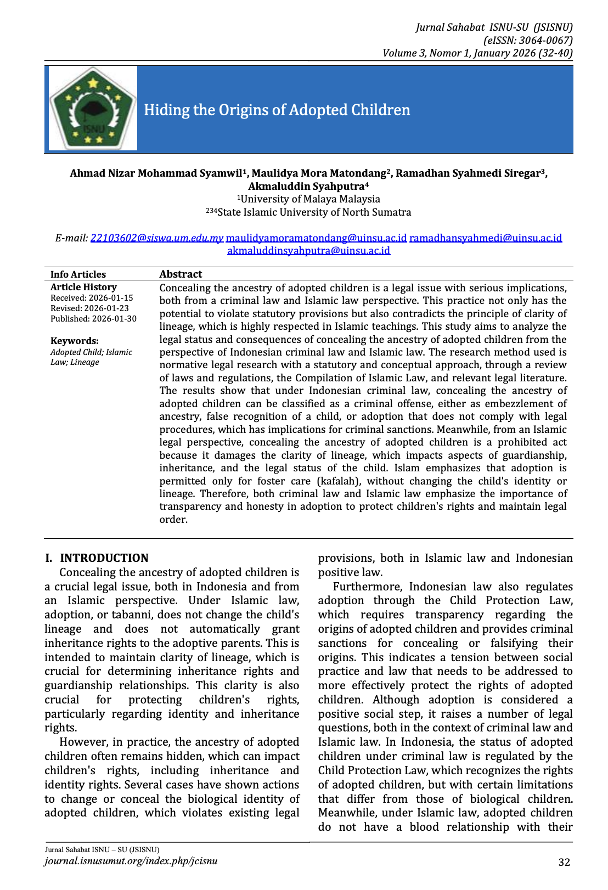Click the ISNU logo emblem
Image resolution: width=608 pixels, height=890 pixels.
(92, 109)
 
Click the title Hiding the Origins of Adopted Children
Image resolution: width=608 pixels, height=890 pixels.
(277, 110)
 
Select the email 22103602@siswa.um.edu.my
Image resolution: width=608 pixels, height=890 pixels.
(157, 238)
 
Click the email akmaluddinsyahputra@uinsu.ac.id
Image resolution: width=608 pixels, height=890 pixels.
(308, 251)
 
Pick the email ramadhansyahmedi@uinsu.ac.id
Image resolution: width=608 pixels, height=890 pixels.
(486, 238)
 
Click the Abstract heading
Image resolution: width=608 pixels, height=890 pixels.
(181, 274)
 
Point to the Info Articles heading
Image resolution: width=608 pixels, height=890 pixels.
(78, 274)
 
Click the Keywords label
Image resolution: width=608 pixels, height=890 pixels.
(75, 341)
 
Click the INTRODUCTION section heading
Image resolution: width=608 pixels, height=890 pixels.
(104, 558)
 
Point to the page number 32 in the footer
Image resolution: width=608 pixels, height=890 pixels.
(564, 863)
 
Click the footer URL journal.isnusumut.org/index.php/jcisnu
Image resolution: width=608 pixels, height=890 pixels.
(131, 861)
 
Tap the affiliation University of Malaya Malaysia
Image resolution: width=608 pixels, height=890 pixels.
(310, 199)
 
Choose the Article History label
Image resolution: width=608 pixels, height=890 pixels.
(83, 287)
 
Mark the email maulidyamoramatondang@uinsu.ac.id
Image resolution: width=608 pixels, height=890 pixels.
(316, 238)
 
